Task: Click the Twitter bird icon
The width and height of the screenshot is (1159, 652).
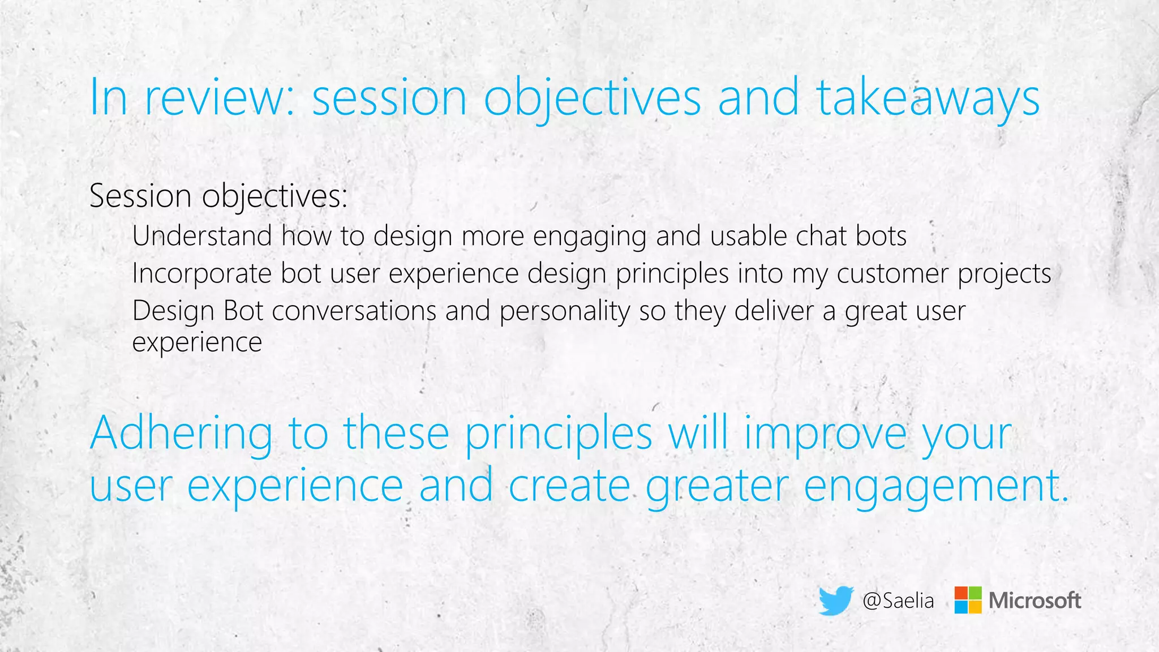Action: pyautogui.click(x=836, y=600)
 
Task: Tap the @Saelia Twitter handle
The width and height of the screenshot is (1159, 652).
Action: pyautogui.click(x=898, y=600)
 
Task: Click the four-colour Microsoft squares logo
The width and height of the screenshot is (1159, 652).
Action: pyautogui.click(x=968, y=600)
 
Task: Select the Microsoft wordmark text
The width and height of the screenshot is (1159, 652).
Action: pyautogui.click(x=1034, y=600)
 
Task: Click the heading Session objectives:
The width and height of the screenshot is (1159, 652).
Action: pyautogui.click(x=218, y=196)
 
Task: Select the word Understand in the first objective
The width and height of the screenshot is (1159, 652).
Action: pyautogui.click(x=202, y=236)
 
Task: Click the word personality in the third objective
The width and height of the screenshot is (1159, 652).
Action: pyautogui.click(x=564, y=311)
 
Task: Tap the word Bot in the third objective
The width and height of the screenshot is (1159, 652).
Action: pyautogui.click(x=243, y=311)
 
